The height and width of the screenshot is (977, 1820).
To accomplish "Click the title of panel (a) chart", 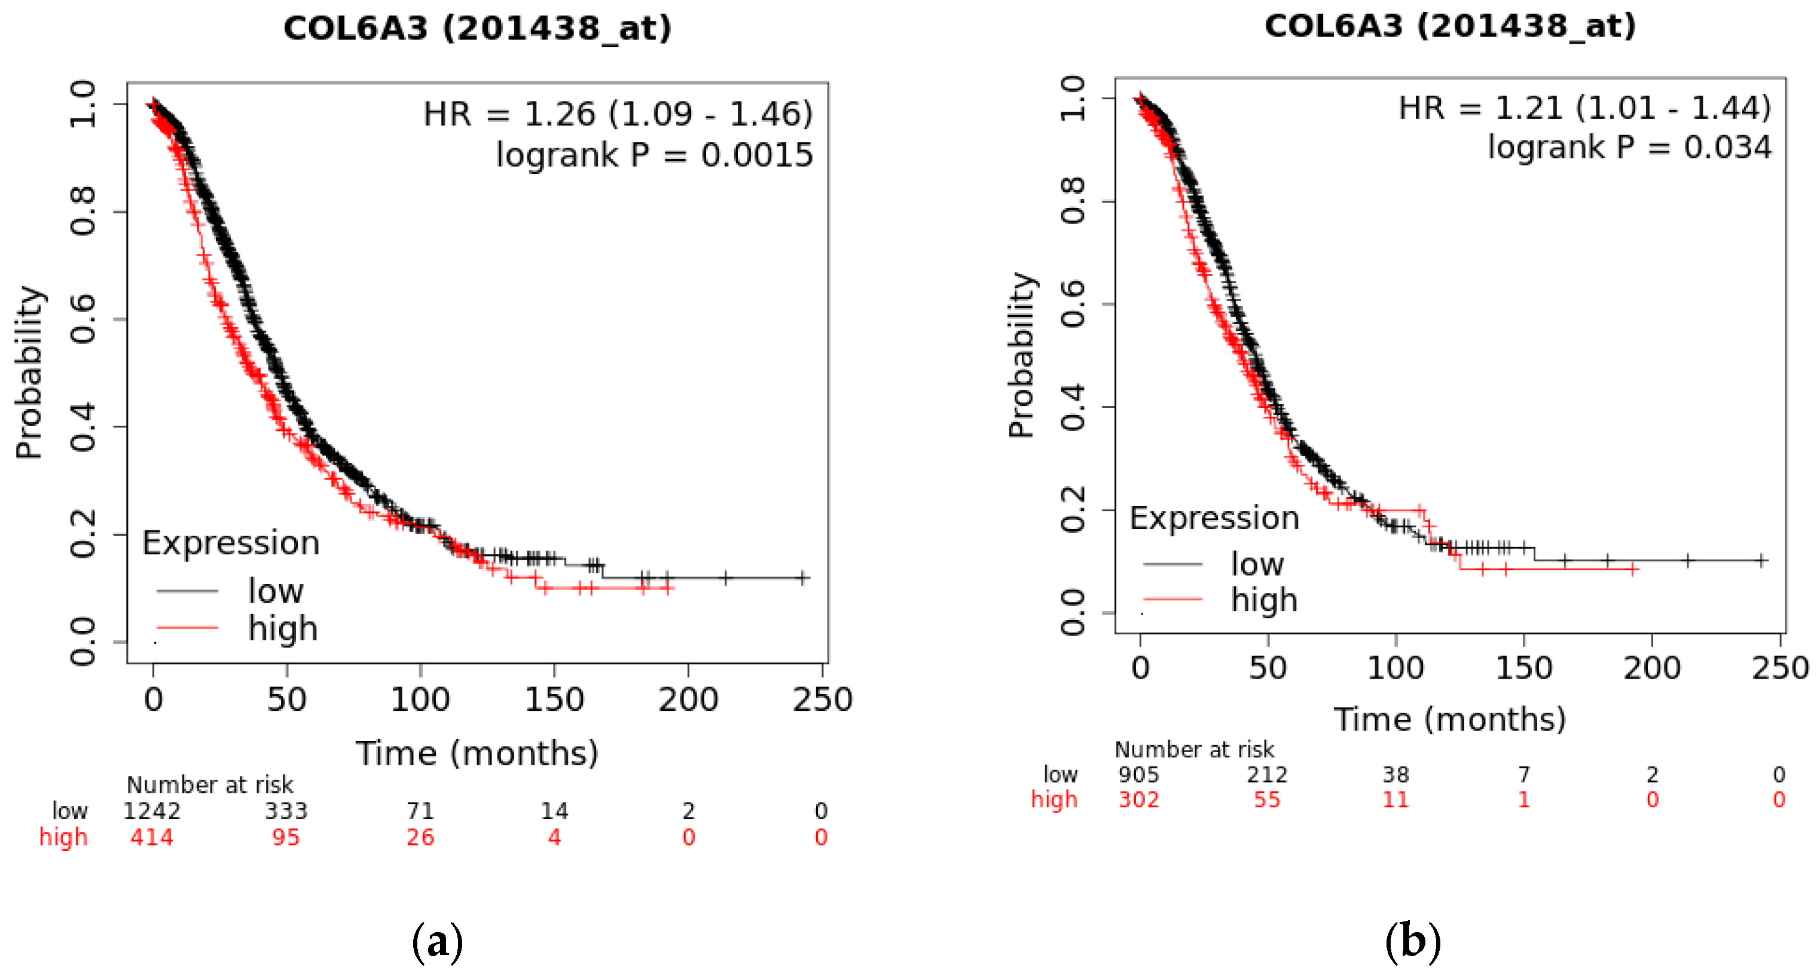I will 477,28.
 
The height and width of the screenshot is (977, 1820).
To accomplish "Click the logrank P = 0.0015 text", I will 654,155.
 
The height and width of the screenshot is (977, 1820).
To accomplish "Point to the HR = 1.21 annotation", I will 1585,108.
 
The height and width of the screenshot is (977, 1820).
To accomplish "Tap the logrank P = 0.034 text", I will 1629,147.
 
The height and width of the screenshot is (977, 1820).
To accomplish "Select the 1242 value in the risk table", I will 152,810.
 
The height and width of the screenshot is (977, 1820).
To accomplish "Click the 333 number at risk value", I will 286,810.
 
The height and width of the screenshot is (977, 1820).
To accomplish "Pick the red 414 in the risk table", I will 152,837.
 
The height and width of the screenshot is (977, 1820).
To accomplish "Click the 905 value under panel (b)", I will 1138,774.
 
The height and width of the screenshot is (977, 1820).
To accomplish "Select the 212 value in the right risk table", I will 1267,774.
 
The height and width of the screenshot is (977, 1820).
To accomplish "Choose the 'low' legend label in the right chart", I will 1257,564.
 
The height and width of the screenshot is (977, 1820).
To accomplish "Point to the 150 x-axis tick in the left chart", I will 554,700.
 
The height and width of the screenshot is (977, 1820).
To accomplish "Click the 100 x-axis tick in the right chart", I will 1395,668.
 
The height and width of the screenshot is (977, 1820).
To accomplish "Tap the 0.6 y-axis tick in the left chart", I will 83,319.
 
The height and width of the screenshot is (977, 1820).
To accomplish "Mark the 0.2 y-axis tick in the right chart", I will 1073,509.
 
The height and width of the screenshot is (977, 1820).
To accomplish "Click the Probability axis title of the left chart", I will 30,373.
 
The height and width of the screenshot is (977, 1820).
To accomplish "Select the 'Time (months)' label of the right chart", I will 1450,719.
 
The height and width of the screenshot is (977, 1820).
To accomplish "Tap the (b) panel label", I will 1412,942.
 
